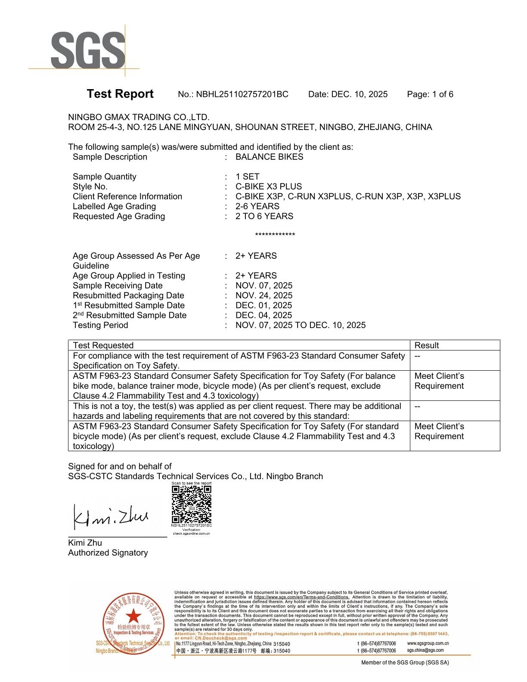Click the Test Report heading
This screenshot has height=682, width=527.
pos(120,94)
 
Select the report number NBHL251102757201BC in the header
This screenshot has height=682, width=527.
pos(242,94)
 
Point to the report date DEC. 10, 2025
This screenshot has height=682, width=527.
pos(359,94)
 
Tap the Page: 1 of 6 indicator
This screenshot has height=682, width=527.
pos(430,94)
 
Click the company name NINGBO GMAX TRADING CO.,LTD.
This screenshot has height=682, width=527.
pos(139,117)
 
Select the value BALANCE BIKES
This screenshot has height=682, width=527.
pos(269,157)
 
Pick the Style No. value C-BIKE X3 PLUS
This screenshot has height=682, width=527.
pos(268,186)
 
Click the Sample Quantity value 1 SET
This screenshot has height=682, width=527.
pos(247,177)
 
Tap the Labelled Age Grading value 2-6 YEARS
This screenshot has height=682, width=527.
pos(257,206)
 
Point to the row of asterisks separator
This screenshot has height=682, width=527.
pos(275,235)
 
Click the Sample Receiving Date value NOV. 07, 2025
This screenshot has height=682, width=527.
pos(263,285)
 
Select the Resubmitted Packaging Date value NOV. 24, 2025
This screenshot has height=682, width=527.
pos(263,295)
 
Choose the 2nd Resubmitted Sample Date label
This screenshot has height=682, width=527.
pos(129,315)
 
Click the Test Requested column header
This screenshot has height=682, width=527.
pos(103,345)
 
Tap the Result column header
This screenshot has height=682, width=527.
pos(426,345)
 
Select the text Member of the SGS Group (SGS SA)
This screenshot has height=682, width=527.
pos(405,663)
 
